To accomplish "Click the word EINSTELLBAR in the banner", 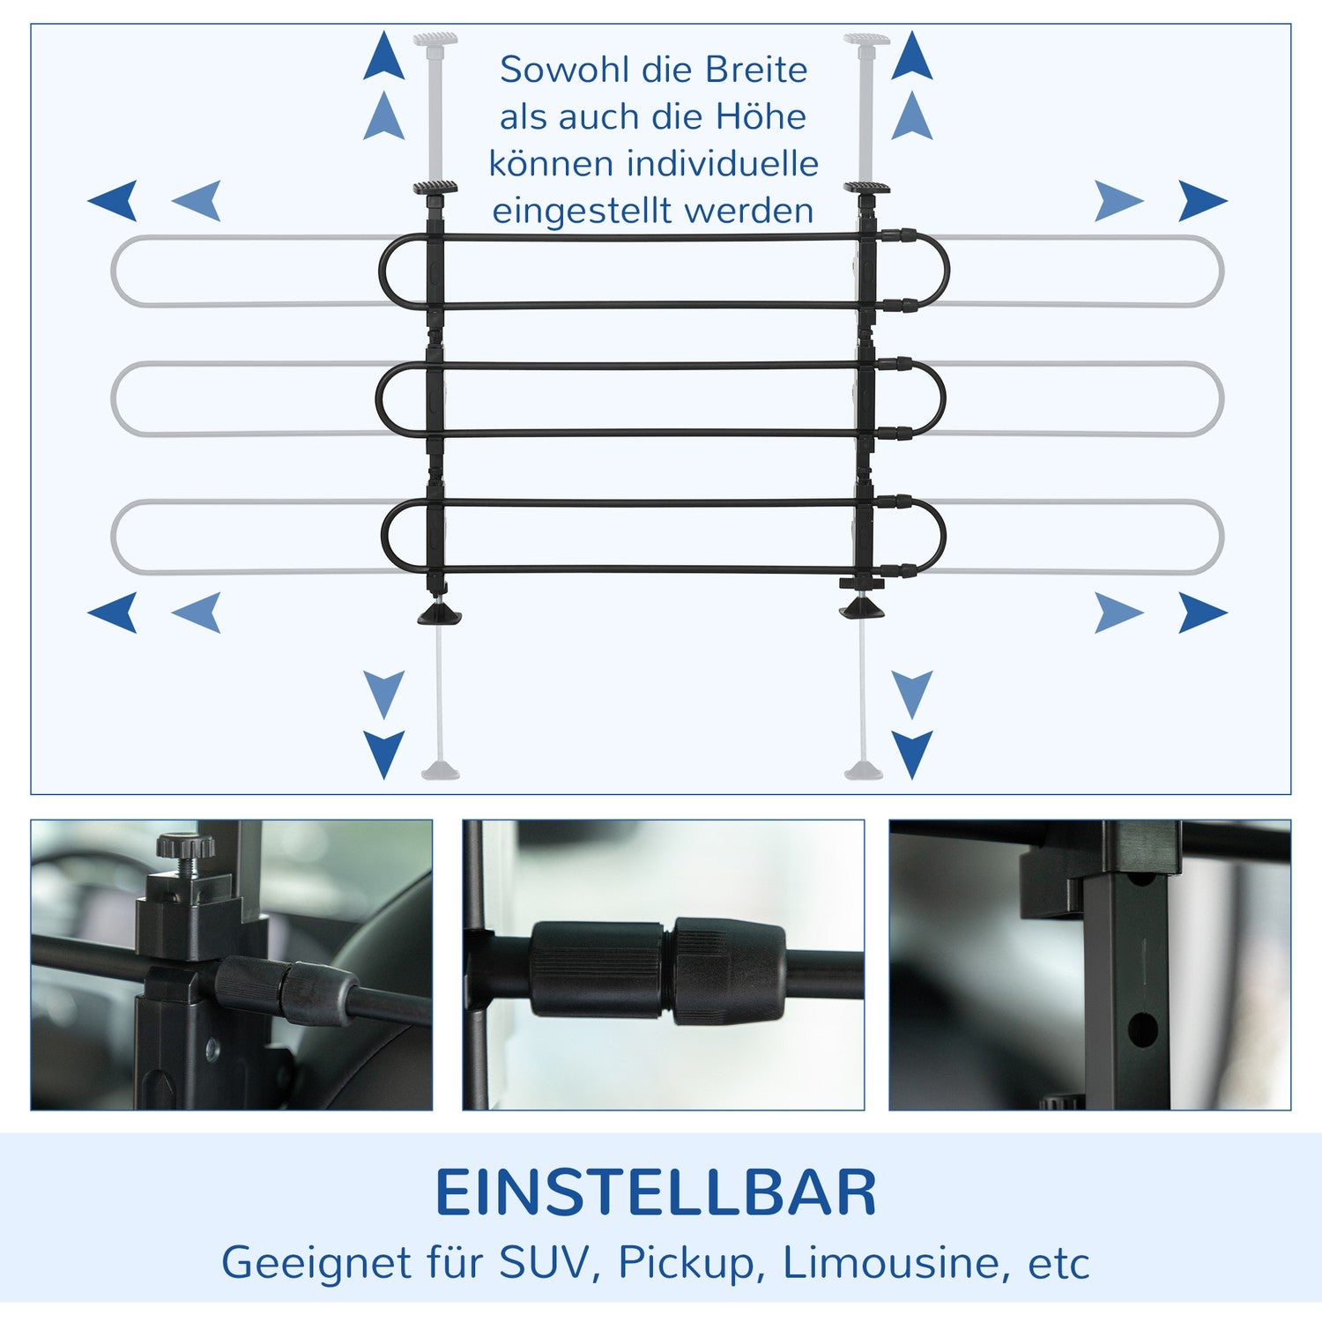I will tap(656, 1193).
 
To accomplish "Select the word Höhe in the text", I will tap(761, 117).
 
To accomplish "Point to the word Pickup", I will tap(686, 1263).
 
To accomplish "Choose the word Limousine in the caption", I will tap(890, 1262).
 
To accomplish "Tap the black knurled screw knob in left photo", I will tap(186, 846).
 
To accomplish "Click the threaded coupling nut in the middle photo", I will tap(728, 970).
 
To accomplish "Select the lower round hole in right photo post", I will tap(1142, 1029).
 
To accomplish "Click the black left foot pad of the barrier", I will tap(438, 614).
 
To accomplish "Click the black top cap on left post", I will tap(436, 187).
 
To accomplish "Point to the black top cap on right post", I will tap(865, 188).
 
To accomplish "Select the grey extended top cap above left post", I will tap(435, 40).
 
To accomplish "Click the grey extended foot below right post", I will tap(863, 772).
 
